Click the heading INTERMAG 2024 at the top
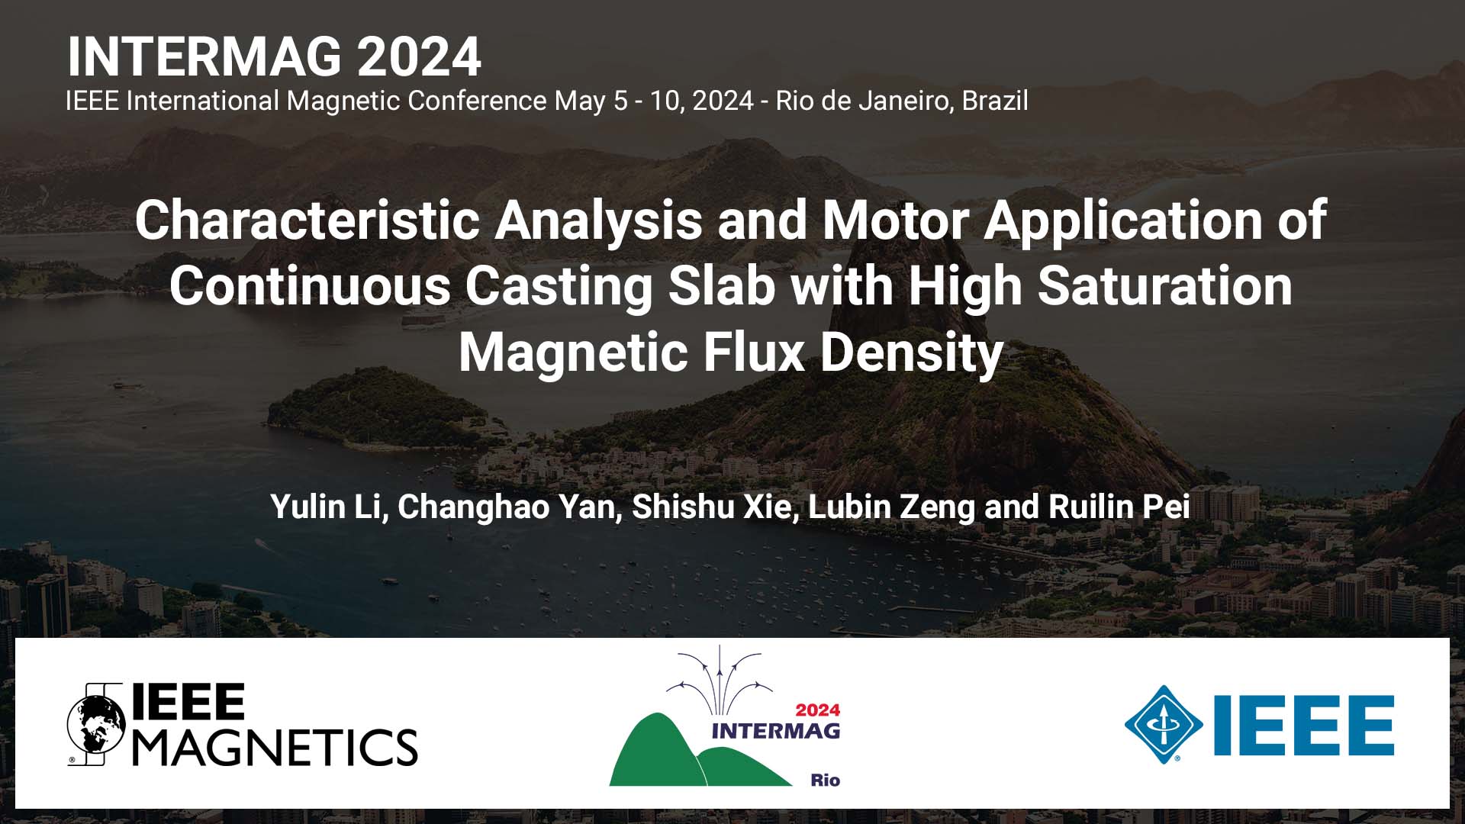pyautogui.click(x=274, y=56)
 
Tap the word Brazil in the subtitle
pyautogui.click(x=994, y=101)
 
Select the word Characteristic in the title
pyautogui.click(x=307, y=220)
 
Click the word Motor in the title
pyautogui.click(x=894, y=220)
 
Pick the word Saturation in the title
pyautogui.click(x=1164, y=286)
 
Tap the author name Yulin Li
pyautogui.click(x=324, y=507)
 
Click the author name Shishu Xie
pyautogui.click(x=711, y=507)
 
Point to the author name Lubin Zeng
pyautogui.click(x=890, y=507)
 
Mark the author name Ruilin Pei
pyautogui.click(x=1119, y=507)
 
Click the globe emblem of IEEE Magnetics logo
pyautogui.click(x=96, y=724)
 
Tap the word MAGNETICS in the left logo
pyautogui.click(x=275, y=746)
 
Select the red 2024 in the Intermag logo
pyautogui.click(x=817, y=710)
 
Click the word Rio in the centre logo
pyautogui.click(x=825, y=780)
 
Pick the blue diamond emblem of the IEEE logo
pyautogui.click(x=1163, y=724)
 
